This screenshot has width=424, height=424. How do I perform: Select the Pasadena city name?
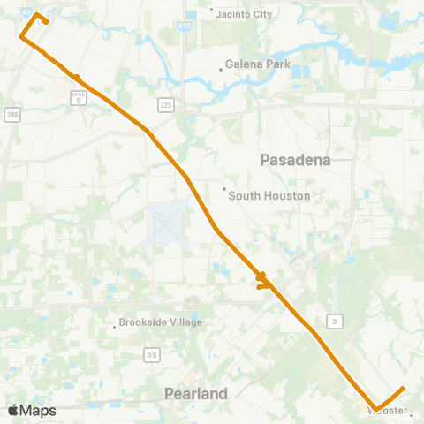pos(295,160)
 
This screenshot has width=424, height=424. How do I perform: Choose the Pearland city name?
pos(196,393)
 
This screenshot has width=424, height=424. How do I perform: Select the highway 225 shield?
pos(166,105)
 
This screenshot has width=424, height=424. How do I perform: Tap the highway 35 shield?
pos(152,354)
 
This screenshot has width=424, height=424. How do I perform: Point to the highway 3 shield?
pos(333,319)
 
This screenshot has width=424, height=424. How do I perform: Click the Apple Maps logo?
pos(32,410)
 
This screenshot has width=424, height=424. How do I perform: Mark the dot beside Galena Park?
pos(223,65)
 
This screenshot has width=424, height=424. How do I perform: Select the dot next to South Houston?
pos(224,188)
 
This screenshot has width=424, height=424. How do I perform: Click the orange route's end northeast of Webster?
pos(403,388)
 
